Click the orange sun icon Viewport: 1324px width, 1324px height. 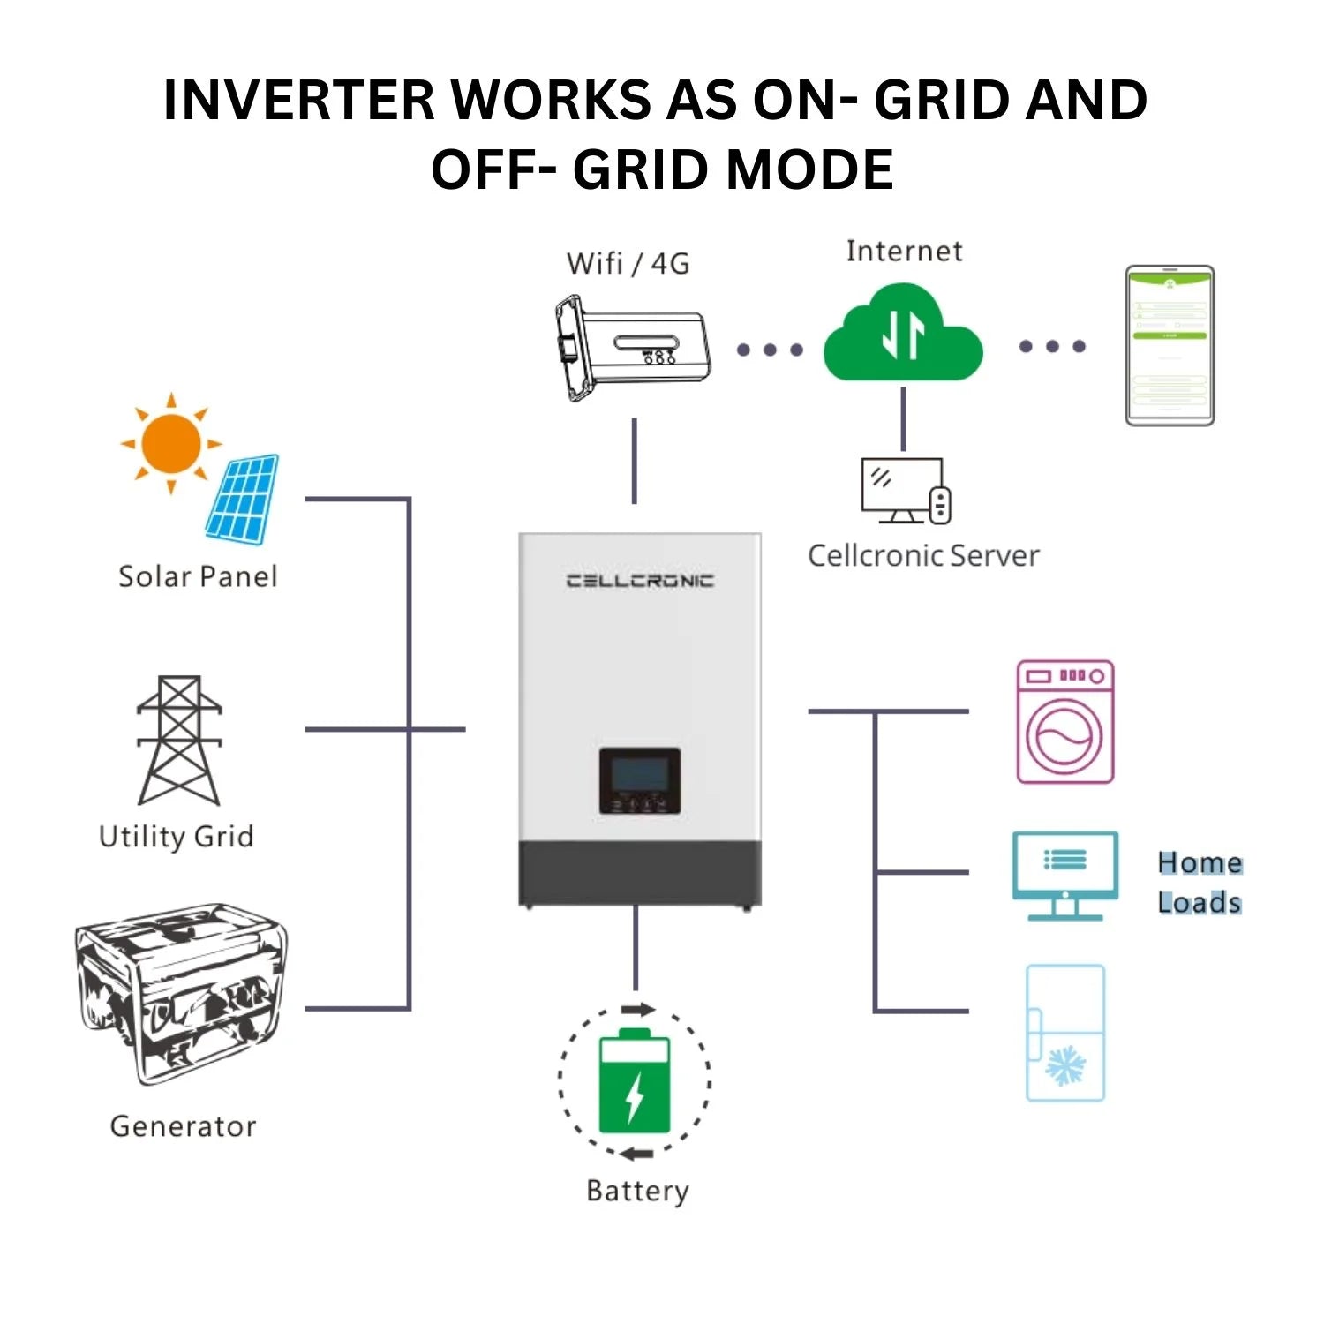171,443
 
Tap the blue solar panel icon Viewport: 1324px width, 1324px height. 243,499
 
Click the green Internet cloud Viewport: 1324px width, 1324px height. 903,335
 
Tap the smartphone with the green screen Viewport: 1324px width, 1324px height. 1170,345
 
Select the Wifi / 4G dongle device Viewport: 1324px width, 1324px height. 632,348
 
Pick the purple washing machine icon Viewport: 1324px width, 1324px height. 1065,722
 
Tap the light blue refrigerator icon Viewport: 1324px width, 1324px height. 1065,1033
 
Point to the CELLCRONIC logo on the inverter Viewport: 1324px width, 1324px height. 640,580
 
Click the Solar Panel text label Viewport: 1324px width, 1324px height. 198,576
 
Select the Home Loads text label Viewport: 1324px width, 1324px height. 1200,883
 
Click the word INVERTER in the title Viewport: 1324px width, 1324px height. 299,99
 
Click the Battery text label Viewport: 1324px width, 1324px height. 637,1191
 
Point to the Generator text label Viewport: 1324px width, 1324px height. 183,1126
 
